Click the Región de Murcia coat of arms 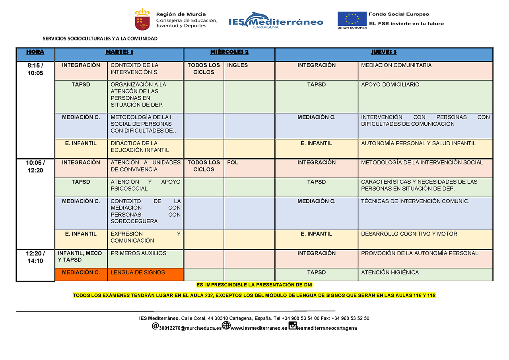coord(142,20)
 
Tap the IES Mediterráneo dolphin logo coord(276,20)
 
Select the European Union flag coord(352,19)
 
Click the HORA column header coord(35,52)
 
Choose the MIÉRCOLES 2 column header coord(229,52)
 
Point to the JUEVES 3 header coord(384,52)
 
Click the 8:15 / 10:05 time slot coord(35,69)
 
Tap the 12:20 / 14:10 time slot coord(35,257)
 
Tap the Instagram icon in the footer coord(292,326)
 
